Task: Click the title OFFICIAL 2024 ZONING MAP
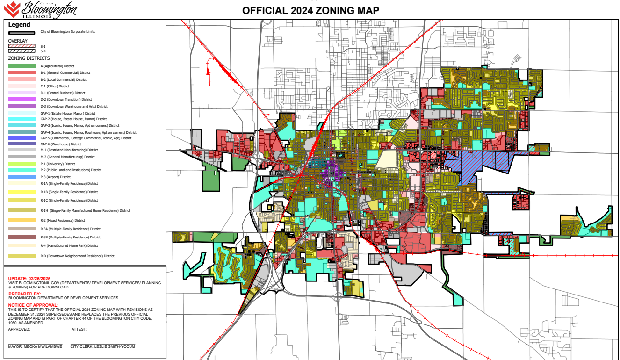[310, 11]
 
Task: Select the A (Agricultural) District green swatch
[22, 66]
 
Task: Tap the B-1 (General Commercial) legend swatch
[22, 73]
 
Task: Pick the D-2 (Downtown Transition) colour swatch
[22, 99]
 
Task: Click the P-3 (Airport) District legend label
[56, 177]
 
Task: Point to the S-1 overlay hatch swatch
[22, 46]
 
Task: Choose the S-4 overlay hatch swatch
[22, 51]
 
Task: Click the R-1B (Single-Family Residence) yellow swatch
[22, 192]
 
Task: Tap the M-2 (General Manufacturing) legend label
[67, 157]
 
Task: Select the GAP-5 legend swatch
[22, 138]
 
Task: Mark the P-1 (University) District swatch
[22, 164]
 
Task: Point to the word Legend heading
[19, 25]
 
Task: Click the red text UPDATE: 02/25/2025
[29, 278]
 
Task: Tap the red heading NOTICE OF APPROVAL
[33, 305]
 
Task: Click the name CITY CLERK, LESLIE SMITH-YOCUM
[102, 346]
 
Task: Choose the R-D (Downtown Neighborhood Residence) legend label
[78, 256]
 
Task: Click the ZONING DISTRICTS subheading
[29, 58]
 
